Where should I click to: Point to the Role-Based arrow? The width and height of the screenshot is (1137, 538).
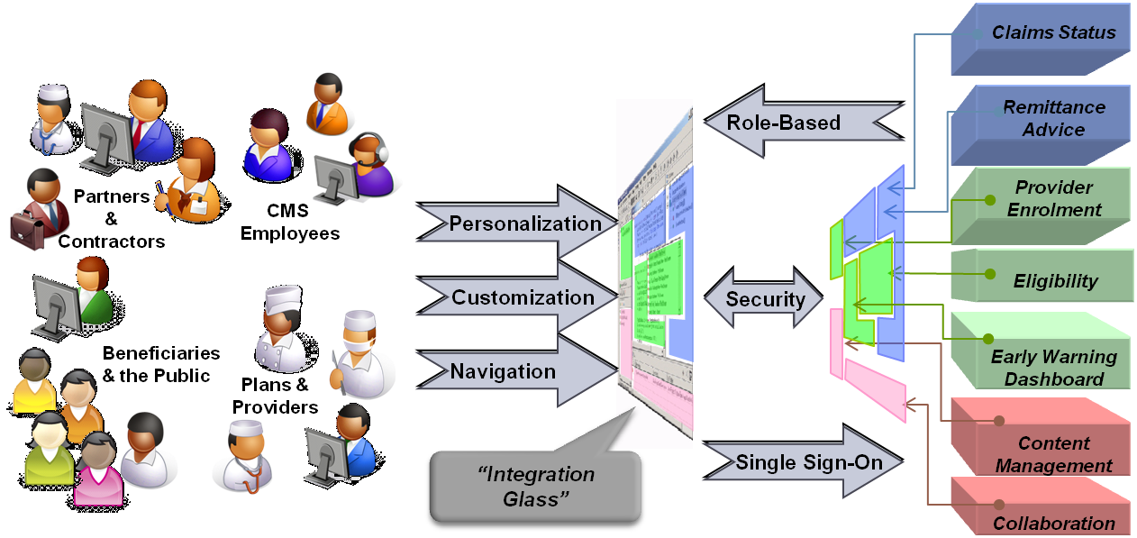coord(793,122)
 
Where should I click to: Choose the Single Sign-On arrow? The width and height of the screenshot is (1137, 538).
coord(803,462)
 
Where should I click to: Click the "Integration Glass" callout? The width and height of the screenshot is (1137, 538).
coord(535,486)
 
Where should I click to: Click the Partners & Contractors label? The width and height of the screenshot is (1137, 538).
coord(112,219)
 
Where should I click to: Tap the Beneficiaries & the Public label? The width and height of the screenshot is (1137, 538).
coord(160,364)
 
